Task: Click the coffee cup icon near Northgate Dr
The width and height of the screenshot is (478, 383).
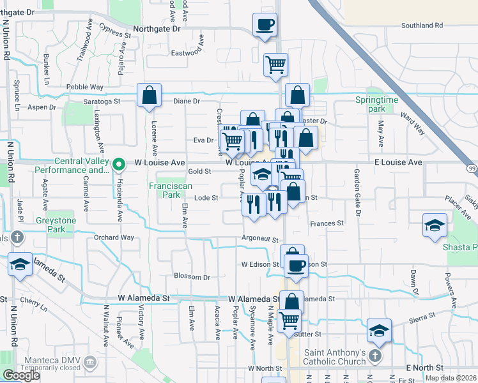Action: click(265, 26)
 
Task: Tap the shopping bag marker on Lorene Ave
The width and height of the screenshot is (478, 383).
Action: click(149, 96)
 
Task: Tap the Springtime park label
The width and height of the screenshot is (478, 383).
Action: click(376, 105)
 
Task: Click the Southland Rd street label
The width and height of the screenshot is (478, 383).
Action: click(422, 26)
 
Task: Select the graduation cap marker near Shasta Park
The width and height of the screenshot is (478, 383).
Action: click(435, 225)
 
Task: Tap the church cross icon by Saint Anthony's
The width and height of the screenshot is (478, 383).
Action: click(375, 355)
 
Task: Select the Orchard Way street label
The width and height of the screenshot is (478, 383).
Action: click(114, 237)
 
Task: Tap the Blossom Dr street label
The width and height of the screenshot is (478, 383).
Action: click(192, 277)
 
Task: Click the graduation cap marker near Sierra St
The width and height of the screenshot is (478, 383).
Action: click(380, 330)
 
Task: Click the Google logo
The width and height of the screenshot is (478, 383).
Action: click(21, 375)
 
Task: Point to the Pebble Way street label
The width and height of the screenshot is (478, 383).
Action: click(85, 87)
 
